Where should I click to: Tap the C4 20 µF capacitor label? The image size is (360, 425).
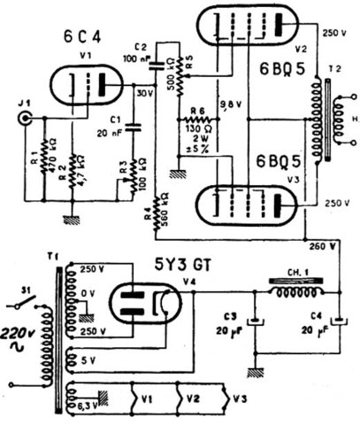pyautogui.click(x=311, y=325)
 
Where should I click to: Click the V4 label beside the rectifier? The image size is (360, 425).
pyautogui.click(x=188, y=282)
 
